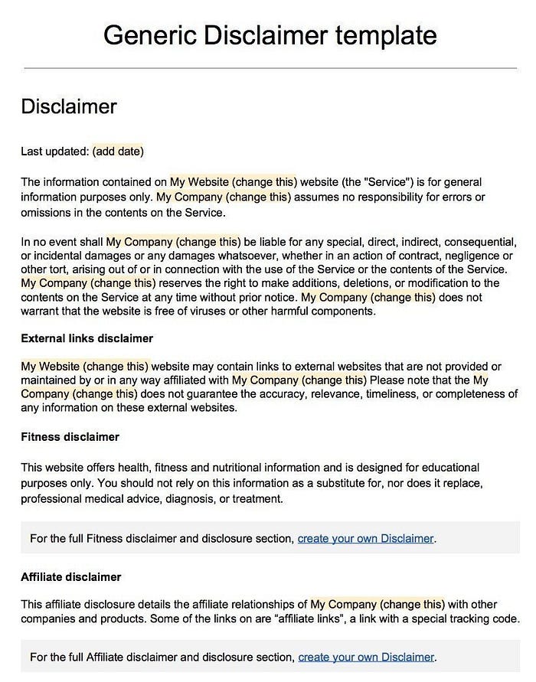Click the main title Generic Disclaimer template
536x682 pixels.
(x=270, y=35)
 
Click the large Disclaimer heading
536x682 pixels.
(x=68, y=106)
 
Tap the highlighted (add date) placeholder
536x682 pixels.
(x=118, y=151)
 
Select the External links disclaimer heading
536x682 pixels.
(x=87, y=338)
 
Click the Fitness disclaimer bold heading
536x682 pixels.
(x=70, y=437)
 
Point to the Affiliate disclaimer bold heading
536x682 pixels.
(x=70, y=576)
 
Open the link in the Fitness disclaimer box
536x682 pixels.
(x=365, y=538)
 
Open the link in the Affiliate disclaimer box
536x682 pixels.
(x=366, y=657)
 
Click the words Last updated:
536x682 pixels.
(x=54, y=151)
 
